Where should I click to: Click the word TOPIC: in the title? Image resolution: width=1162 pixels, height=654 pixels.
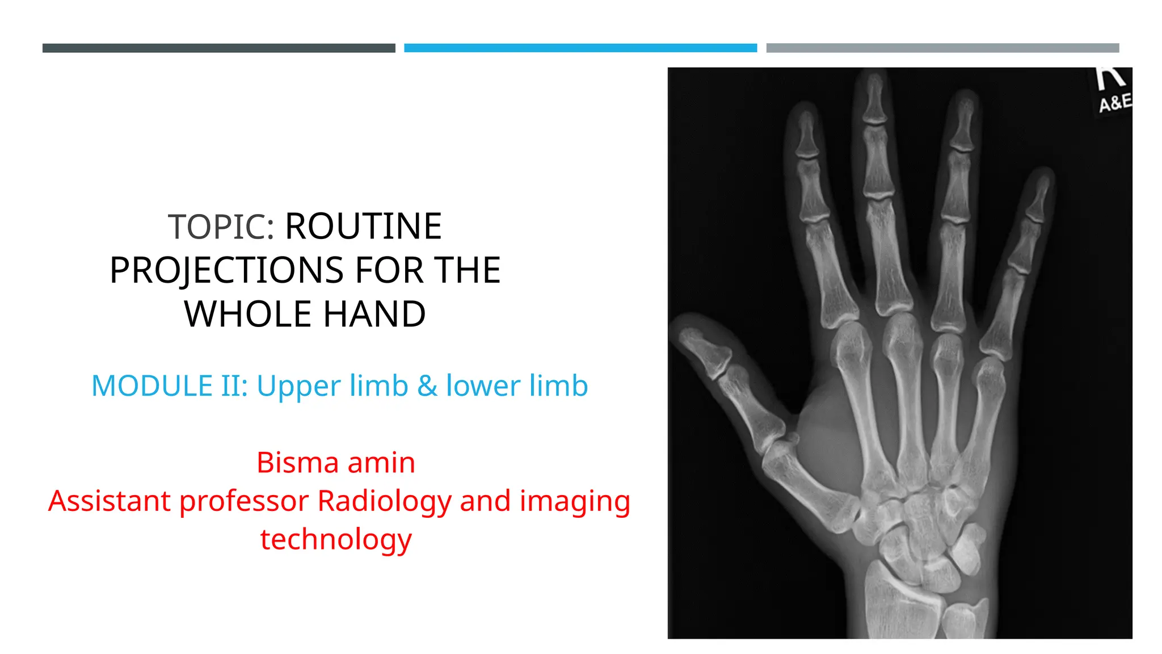pyautogui.click(x=221, y=227)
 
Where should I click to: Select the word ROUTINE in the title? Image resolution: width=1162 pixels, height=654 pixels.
pyautogui.click(x=363, y=227)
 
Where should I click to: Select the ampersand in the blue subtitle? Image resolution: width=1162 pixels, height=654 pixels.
pyautogui.click(x=427, y=386)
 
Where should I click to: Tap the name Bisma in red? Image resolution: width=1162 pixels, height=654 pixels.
pyautogui.click(x=298, y=462)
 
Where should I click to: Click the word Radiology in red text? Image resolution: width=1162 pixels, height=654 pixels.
pyautogui.click(x=384, y=501)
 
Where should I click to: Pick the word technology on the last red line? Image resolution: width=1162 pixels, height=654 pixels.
pyautogui.click(x=336, y=539)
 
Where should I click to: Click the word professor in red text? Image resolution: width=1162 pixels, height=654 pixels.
pyautogui.click(x=245, y=501)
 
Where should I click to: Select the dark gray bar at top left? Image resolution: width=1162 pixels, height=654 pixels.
pyautogui.click(x=218, y=48)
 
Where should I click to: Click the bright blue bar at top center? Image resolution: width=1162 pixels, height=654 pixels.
pyautogui.click(x=580, y=48)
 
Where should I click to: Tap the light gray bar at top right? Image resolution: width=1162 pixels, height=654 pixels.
pyautogui.click(x=942, y=48)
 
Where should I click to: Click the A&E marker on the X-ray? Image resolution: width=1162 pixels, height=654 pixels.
pyautogui.click(x=1114, y=103)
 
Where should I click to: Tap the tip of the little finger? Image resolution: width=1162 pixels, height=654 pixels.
pyautogui.click(x=1039, y=196)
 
